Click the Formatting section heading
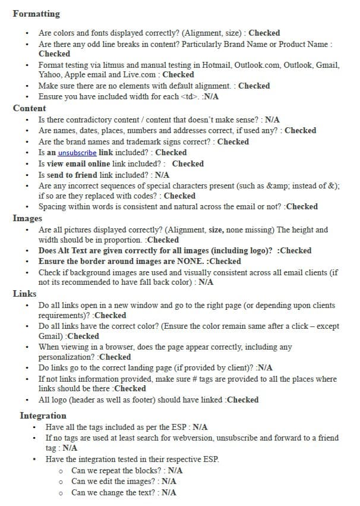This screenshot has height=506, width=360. pos(36,14)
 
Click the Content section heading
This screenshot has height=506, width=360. pos(29,108)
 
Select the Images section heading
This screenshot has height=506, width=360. pos(27,218)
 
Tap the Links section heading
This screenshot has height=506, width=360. pos(24,294)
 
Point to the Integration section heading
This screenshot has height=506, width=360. pos(43,416)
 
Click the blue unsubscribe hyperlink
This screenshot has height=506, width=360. pos(77,153)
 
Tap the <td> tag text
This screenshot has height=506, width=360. pos(190,96)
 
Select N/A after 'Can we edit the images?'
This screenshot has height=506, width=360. pos(169,481)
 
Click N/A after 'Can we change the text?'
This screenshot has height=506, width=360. pos(169,492)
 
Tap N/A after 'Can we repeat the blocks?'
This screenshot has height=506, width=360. pos(176,470)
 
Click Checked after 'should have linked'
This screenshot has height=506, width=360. pos(242,400)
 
